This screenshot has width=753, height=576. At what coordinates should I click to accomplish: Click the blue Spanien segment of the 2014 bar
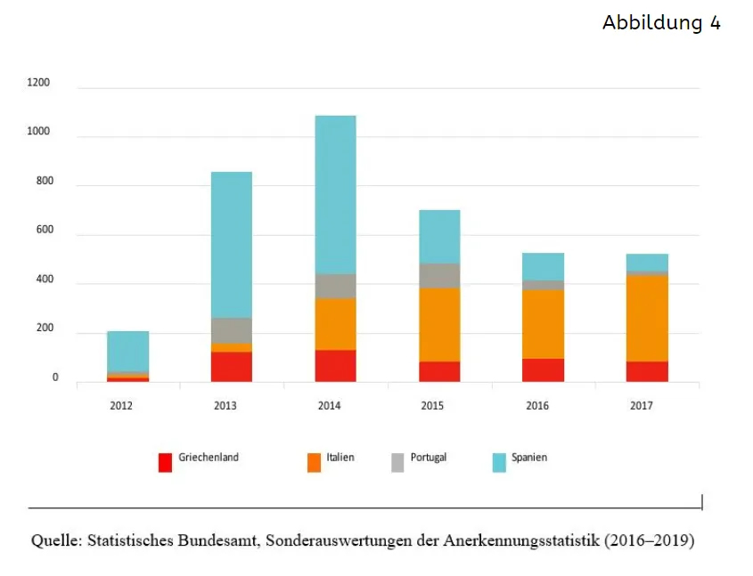pos(336,195)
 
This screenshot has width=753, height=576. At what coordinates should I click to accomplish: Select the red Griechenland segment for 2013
pos(232,367)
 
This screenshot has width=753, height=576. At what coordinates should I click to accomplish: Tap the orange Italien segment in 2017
pos(647,319)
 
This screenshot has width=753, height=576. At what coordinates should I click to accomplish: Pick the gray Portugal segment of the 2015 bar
pos(439,276)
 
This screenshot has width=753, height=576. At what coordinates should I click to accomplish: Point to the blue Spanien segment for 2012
pos(127,352)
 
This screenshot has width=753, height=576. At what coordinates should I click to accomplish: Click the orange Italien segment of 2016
pos(543,324)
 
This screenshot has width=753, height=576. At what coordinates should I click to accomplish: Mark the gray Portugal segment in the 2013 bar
pos(232,331)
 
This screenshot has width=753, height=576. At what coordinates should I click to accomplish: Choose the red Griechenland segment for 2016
pos(543,370)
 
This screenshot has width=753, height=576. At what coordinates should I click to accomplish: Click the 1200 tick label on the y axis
pos(38,83)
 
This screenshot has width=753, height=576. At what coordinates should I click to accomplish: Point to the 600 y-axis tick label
pos(45,230)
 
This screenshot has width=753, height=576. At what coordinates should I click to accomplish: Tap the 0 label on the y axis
pos(55,377)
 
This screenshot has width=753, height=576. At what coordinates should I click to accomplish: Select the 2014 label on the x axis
pos(329,406)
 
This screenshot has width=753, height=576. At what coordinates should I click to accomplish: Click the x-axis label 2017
pos(641,406)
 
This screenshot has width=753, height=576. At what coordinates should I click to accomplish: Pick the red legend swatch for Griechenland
pos(165,463)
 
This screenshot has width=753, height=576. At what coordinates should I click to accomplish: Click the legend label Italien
pos(340,458)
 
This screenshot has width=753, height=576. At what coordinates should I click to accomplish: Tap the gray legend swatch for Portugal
pos(397,463)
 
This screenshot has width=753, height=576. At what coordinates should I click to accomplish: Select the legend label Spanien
pos(529,458)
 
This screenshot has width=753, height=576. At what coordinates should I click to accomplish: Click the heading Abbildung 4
pos(661,22)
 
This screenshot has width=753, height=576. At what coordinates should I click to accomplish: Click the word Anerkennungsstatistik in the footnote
pos(521,540)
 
